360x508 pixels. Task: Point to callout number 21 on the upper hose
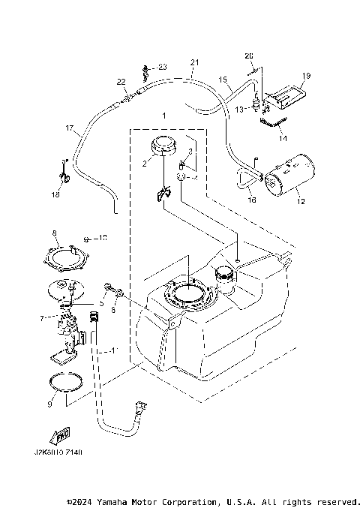click(x=195, y=62)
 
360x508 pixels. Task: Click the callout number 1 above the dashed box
click(x=163, y=116)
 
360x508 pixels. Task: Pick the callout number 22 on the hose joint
click(x=121, y=81)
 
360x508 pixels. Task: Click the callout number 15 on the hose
click(x=222, y=79)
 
